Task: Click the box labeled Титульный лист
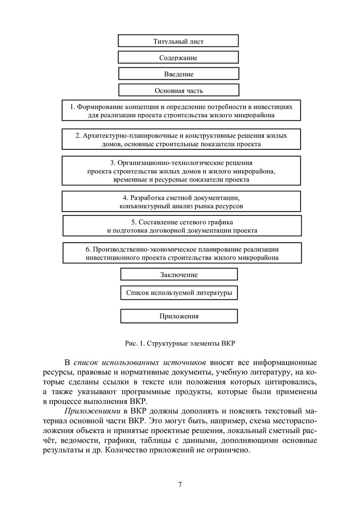click(x=178, y=41)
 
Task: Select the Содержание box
click(x=178, y=57)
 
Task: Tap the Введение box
click(x=179, y=74)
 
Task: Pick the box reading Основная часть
click(x=179, y=90)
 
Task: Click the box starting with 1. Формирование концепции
click(x=181, y=111)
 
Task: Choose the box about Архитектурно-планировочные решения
click(x=181, y=140)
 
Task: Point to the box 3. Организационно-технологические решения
click(x=181, y=171)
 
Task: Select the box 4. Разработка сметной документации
click(x=181, y=202)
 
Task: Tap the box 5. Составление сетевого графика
click(x=182, y=226)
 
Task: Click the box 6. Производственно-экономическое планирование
click(x=182, y=253)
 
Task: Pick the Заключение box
click(x=179, y=275)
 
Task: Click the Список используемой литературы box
click(x=179, y=293)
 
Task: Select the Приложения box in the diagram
click(x=179, y=316)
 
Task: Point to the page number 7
click(x=180, y=484)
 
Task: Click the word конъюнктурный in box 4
click(x=142, y=206)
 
